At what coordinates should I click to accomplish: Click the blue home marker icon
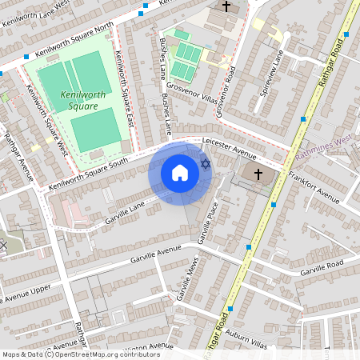point(180,172)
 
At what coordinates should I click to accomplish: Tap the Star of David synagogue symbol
point(205,164)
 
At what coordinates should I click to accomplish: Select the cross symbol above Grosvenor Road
point(226,7)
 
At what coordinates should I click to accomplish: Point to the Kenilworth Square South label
point(88,174)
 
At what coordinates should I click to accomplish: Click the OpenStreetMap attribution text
point(80,354)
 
